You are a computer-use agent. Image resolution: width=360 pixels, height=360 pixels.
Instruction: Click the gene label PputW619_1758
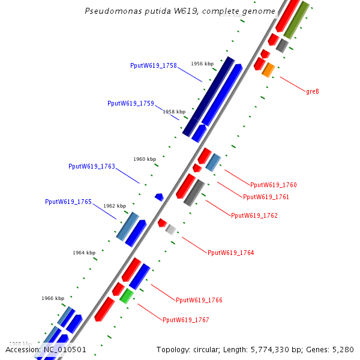coord(153,65)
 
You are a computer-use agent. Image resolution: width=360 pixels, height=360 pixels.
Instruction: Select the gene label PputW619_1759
coord(131,103)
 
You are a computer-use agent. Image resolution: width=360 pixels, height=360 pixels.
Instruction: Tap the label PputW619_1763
coord(92,166)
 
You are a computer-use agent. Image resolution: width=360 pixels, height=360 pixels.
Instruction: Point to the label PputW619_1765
coord(68,202)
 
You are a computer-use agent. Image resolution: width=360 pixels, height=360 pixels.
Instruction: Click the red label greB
coord(313,92)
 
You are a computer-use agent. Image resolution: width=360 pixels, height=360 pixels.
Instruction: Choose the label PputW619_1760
coord(273,185)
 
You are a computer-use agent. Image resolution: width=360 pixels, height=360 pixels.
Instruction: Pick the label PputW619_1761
coord(266,197)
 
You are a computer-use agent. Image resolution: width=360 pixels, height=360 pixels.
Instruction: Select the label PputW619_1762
coord(254,215)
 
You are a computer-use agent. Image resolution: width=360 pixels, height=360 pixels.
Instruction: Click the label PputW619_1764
coord(231,253)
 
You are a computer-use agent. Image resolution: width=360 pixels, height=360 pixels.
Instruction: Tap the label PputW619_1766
coord(199,300)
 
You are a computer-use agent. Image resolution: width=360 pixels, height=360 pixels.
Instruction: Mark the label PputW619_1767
coord(186,320)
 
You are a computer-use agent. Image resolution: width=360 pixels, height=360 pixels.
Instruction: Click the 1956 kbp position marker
coord(202,64)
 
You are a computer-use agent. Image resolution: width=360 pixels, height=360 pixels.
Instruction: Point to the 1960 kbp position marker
coord(145,159)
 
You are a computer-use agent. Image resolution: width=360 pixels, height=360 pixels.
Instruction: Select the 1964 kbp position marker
coord(84,253)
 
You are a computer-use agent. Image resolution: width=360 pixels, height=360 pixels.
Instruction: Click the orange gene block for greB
coord(268,70)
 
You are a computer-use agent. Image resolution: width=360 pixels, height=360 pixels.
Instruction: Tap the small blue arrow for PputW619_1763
coord(159,197)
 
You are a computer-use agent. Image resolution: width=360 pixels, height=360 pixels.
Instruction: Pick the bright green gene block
coord(126,295)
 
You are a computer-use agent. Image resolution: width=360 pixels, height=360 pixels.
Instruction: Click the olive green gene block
coord(296,20)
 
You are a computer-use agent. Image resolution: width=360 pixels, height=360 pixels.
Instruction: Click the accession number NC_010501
coord(64,349)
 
